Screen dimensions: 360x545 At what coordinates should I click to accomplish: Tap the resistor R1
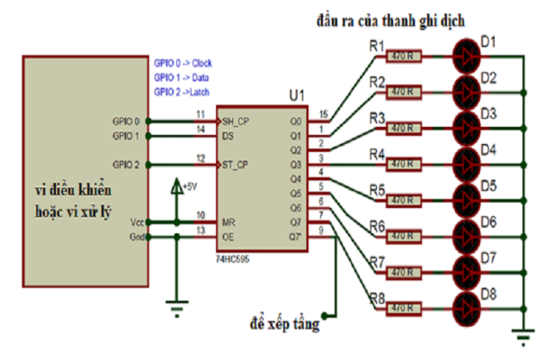[403, 54]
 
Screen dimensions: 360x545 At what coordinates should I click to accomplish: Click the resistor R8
[403, 309]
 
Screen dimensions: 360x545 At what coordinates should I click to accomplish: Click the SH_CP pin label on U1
[236, 121]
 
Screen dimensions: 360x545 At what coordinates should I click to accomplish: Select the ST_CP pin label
[236, 165]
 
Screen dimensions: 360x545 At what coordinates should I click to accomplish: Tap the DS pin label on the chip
[228, 136]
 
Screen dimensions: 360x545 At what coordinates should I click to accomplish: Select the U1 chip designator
[297, 95]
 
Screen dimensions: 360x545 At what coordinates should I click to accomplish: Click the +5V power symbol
[181, 187]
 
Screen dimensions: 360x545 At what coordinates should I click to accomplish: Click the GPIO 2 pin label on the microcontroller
[126, 165]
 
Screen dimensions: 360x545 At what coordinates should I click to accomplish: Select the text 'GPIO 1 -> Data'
[183, 79]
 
